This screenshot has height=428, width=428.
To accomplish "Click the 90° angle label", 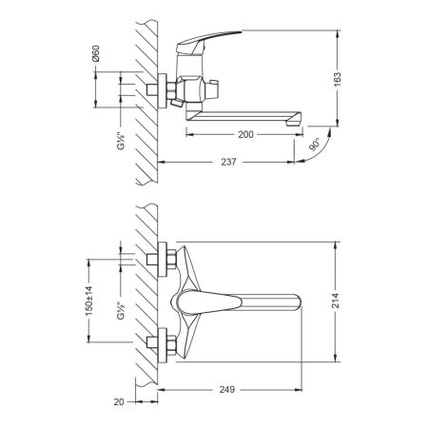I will click(x=316, y=150).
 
